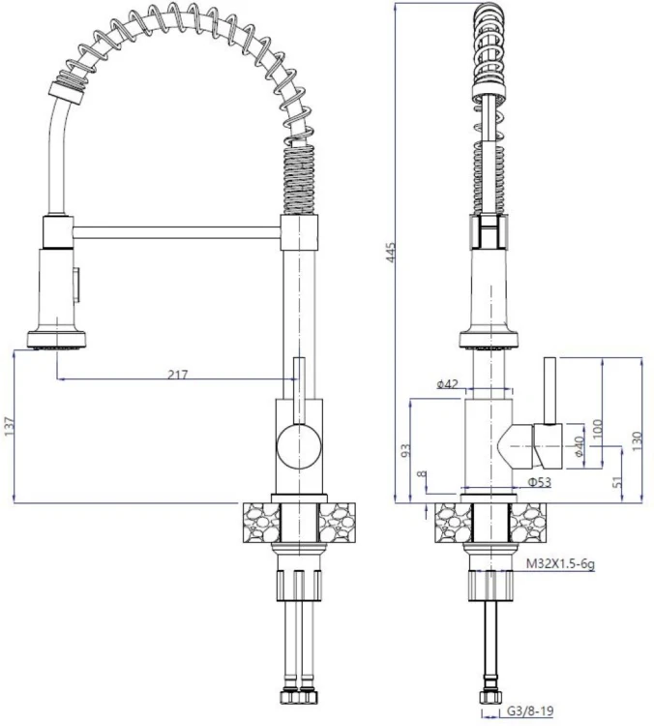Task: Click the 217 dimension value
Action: (178, 374)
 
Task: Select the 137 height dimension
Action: (10, 427)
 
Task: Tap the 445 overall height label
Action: (391, 253)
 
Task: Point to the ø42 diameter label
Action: (447, 384)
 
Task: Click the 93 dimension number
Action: (405, 450)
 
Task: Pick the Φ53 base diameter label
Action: (540, 482)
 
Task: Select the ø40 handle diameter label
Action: (579, 447)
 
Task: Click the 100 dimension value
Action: (597, 430)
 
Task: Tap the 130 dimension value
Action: (637, 441)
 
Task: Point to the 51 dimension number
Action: (617, 482)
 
